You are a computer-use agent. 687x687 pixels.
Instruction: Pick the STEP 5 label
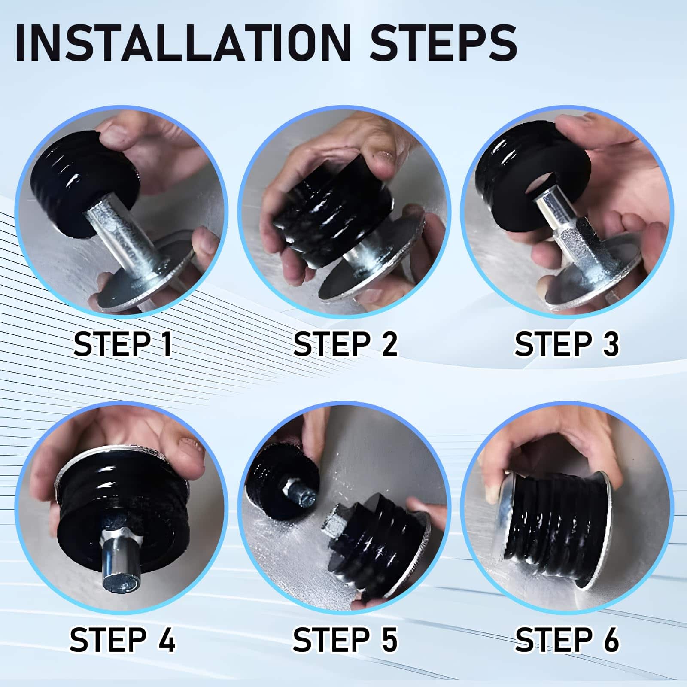[345, 639]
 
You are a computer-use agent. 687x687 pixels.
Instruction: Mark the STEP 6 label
[567, 639]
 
